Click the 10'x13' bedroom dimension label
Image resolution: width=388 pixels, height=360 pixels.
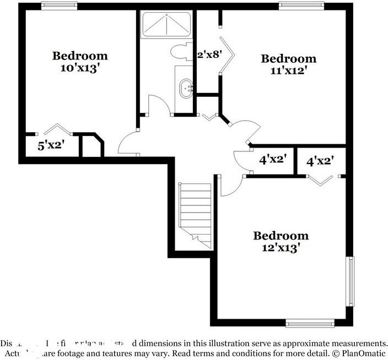click(x=80, y=68)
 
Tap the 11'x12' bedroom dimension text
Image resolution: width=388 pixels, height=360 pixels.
click(x=288, y=70)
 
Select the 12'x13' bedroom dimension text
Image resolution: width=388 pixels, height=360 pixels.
click(x=281, y=248)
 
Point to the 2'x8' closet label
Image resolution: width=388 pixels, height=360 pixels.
click(x=209, y=54)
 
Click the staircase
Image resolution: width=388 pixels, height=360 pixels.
click(x=196, y=212)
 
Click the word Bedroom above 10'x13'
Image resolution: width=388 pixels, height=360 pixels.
click(x=80, y=56)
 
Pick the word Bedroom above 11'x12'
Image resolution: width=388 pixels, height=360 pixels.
click(x=288, y=58)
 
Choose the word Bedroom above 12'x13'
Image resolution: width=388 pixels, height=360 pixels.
click(x=281, y=236)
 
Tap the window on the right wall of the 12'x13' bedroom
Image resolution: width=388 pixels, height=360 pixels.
click(x=349, y=281)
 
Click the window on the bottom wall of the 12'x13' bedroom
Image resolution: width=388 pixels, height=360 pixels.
click(x=310, y=323)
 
